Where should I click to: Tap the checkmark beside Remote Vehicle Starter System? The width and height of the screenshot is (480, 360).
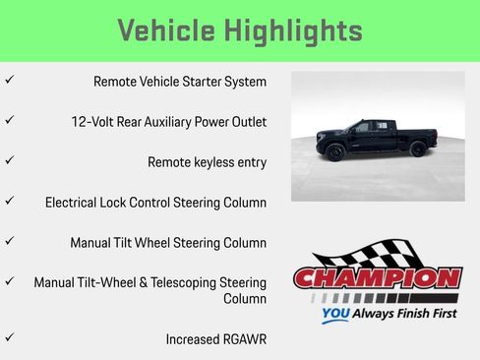pos(9,79)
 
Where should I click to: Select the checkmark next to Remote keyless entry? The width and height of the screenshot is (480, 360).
pos(9,158)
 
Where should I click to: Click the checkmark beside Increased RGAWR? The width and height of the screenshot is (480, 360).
pos(9,335)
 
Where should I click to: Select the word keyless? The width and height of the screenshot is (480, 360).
pos(213,162)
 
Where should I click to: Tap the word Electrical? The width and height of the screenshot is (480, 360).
pos(76,203)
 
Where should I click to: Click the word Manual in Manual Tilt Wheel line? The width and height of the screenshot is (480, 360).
pos(90,242)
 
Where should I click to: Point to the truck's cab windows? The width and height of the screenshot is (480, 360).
pos(369,127)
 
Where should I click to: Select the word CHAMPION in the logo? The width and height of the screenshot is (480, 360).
pos(377,279)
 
